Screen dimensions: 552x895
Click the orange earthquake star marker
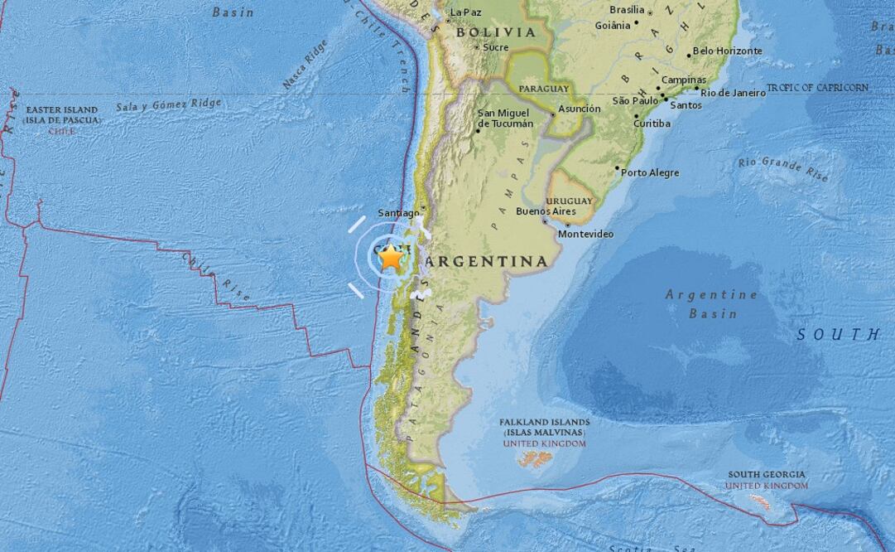[x=391, y=257]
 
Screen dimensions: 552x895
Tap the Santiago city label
[x=398, y=213]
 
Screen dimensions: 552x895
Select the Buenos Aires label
[x=545, y=211]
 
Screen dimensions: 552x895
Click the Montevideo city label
[x=585, y=235]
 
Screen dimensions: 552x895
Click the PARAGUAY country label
[x=543, y=89]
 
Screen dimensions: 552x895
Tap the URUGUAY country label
[x=570, y=201]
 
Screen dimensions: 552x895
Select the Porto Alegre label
[x=650, y=173]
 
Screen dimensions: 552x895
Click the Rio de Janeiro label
[x=733, y=93]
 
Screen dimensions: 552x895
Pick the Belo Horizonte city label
[x=727, y=51]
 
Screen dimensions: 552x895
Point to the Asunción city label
[x=580, y=109]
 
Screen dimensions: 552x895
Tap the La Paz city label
[x=465, y=12]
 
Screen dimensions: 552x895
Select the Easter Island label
[x=62, y=115]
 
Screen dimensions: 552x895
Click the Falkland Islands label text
[x=544, y=428]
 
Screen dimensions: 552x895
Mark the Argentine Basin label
[x=712, y=304]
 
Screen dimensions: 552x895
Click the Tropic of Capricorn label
[x=817, y=88]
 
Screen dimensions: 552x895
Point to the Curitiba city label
[x=652, y=123]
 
